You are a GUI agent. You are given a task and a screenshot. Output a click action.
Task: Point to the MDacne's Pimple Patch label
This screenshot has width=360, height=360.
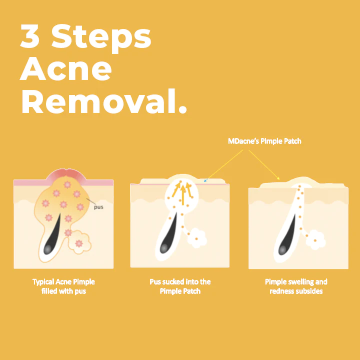click(x=264, y=141)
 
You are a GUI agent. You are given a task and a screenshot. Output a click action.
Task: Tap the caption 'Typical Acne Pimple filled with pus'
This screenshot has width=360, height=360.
click(x=63, y=286)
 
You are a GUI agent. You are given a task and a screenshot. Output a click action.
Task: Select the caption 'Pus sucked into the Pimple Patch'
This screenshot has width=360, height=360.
click(x=180, y=286)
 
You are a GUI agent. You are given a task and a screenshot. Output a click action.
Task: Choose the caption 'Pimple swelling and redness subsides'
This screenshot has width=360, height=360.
click(x=296, y=286)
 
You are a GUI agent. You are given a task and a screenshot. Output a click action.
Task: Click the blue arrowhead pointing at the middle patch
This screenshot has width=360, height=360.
click(x=206, y=178)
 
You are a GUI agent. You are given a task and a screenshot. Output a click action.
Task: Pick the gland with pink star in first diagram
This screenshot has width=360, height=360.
click(x=78, y=241)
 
